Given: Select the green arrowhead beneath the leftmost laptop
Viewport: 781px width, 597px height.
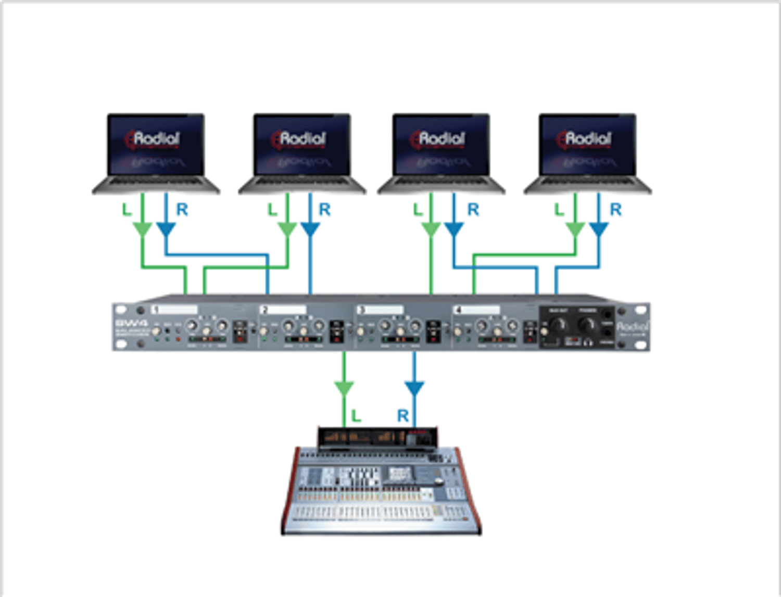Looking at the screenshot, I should coord(142,230).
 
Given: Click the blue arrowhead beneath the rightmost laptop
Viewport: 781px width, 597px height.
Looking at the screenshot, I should coord(598,230).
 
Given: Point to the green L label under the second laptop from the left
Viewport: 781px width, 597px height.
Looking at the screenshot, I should coord(272,210).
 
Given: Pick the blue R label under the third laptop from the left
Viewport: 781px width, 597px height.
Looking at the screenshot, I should coord(473,210).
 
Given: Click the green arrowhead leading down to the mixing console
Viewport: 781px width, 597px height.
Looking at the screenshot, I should coord(344,388).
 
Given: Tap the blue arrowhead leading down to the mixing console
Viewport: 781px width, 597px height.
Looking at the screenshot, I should coord(414,388).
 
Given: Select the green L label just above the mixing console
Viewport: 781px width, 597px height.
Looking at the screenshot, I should coord(356,416).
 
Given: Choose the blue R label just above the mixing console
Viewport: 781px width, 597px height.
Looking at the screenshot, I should coord(402,416).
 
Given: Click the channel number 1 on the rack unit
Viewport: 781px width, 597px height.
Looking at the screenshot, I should coord(155,310).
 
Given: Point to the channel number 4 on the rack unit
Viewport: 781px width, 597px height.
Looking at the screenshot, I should coord(459,310).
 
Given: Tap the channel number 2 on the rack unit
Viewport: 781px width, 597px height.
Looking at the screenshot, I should coord(264,310).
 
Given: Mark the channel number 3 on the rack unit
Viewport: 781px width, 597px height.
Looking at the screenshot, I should coord(361,310).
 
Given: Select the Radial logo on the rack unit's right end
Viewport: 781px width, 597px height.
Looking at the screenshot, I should coord(632,326).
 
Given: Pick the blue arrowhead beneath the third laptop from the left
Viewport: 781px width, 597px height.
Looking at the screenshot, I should coord(454,230).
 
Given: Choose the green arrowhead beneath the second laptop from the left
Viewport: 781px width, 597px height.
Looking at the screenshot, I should coord(287,230).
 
